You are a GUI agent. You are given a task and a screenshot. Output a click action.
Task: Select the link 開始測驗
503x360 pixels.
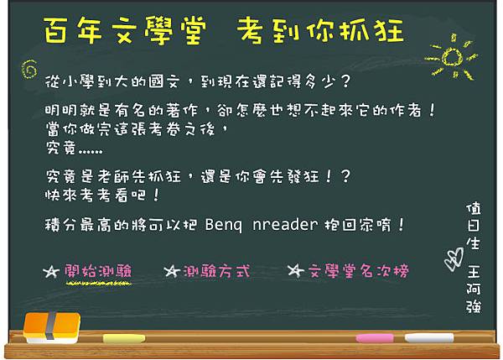click(x=97, y=271)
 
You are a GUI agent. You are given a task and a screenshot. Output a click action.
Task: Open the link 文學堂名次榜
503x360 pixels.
click(x=357, y=271)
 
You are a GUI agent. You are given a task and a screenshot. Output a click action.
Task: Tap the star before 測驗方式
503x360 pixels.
click(x=170, y=271)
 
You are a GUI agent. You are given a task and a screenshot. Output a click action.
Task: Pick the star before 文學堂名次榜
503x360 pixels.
click(x=294, y=271)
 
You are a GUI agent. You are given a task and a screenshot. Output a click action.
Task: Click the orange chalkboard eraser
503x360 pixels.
click(x=51, y=328)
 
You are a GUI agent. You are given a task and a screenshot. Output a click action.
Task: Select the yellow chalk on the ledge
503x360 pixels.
click(x=123, y=338)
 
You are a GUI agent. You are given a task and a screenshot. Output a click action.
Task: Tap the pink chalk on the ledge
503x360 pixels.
click(x=374, y=338)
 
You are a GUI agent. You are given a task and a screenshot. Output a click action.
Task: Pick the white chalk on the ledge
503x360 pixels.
click(x=429, y=338)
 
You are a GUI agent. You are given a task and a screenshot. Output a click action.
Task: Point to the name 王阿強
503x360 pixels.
click(x=474, y=288)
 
